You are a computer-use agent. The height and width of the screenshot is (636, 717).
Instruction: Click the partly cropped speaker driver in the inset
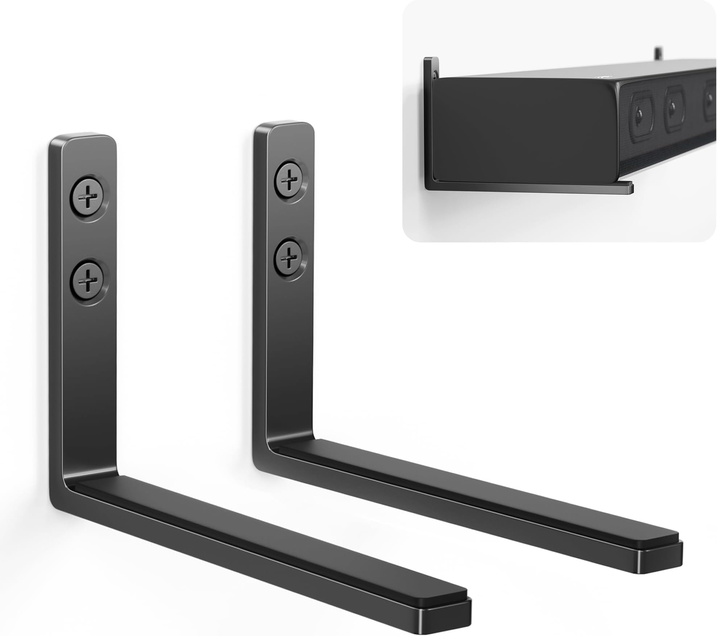(709, 105)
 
